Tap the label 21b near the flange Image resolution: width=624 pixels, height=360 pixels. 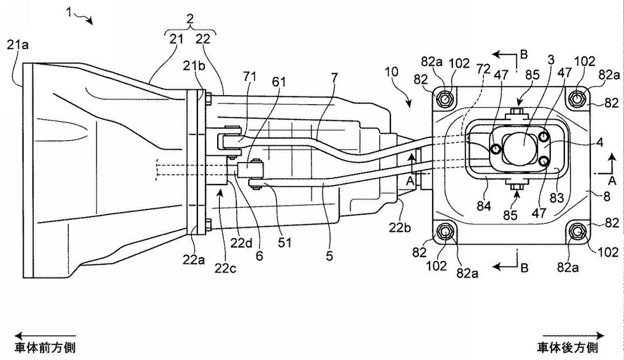pyautogui.click(x=194, y=66)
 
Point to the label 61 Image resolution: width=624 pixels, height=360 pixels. pyautogui.click(x=279, y=82)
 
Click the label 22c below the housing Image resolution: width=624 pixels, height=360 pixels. pyautogui.click(x=225, y=269)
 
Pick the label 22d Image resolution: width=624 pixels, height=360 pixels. pyautogui.click(x=242, y=243)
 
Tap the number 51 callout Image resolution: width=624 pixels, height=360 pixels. pyautogui.click(x=285, y=242)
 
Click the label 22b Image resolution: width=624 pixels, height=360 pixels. pyautogui.click(x=400, y=228)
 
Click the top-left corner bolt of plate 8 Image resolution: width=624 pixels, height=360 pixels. pyautogui.click(x=445, y=97)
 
